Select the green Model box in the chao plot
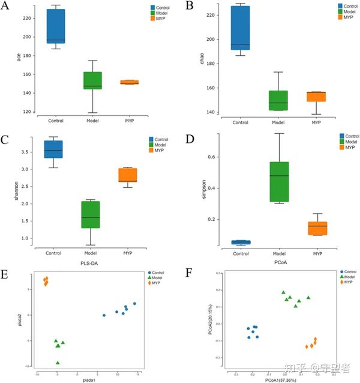(x=278, y=100)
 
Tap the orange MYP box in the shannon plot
(x=127, y=175)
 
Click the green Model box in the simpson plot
(x=278, y=181)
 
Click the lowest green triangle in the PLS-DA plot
(x=58, y=362)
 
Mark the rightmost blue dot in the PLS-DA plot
(x=134, y=304)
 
